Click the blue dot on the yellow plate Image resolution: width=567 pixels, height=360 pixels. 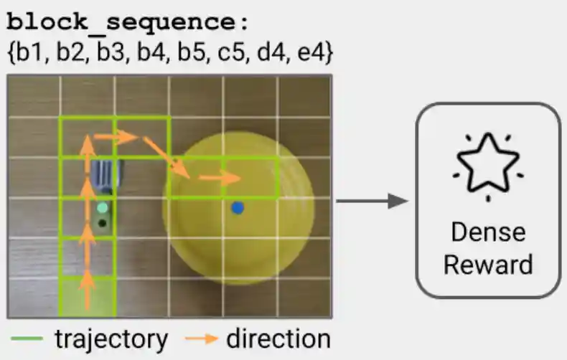[x=238, y=208]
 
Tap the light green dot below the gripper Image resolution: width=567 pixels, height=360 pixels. [x=103, y=208]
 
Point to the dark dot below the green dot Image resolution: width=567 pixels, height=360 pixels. [x=103, y=224]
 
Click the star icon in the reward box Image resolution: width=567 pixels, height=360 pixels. [x=487, y=166]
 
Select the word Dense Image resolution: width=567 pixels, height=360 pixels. [x=487, y=232]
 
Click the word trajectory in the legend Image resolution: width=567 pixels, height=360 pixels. [x=111, y=338]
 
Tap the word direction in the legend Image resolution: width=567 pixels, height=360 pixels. [x=278, y=338]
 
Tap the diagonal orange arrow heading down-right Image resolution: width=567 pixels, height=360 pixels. [x=166, y=157]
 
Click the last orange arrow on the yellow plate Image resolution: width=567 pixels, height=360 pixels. [x=220, y=178]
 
